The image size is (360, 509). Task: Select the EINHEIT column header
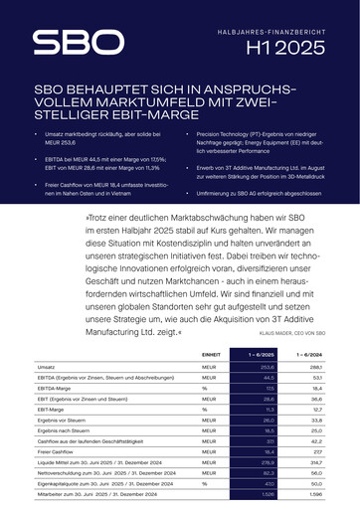[x=211, y=354]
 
